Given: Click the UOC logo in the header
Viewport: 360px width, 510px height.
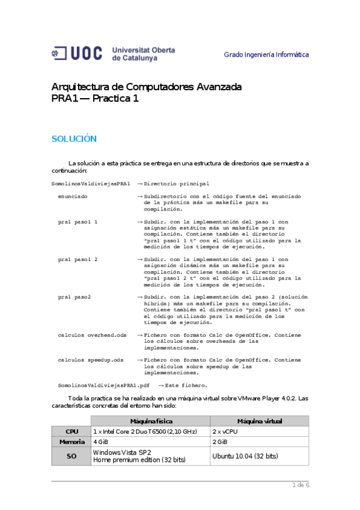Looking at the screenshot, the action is (114, 54).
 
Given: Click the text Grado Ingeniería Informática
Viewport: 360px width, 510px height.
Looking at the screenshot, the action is (266, 55).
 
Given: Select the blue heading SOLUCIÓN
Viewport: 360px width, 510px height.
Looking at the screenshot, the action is (74, 139).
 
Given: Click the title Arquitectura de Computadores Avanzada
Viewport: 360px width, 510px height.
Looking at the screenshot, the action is (147, 87).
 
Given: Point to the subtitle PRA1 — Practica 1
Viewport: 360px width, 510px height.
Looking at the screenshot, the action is (95, 99).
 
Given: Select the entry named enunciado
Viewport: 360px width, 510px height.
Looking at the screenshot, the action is (73, 197).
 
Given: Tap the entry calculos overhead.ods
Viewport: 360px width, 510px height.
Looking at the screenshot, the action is (92, 334).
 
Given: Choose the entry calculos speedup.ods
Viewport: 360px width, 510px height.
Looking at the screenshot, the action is (90, 360).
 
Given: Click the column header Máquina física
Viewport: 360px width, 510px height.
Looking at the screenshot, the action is (150, 421).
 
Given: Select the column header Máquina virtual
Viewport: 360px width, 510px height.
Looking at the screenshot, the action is (260, 421).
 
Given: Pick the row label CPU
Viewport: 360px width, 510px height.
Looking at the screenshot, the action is (72, 432).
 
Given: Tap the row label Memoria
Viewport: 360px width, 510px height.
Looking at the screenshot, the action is (72, 442).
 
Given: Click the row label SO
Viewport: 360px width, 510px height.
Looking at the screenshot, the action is (72, 456).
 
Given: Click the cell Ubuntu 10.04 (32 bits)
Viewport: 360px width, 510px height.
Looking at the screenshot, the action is (245, 456).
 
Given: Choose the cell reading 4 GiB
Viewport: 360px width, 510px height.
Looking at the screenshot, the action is (101, 442).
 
